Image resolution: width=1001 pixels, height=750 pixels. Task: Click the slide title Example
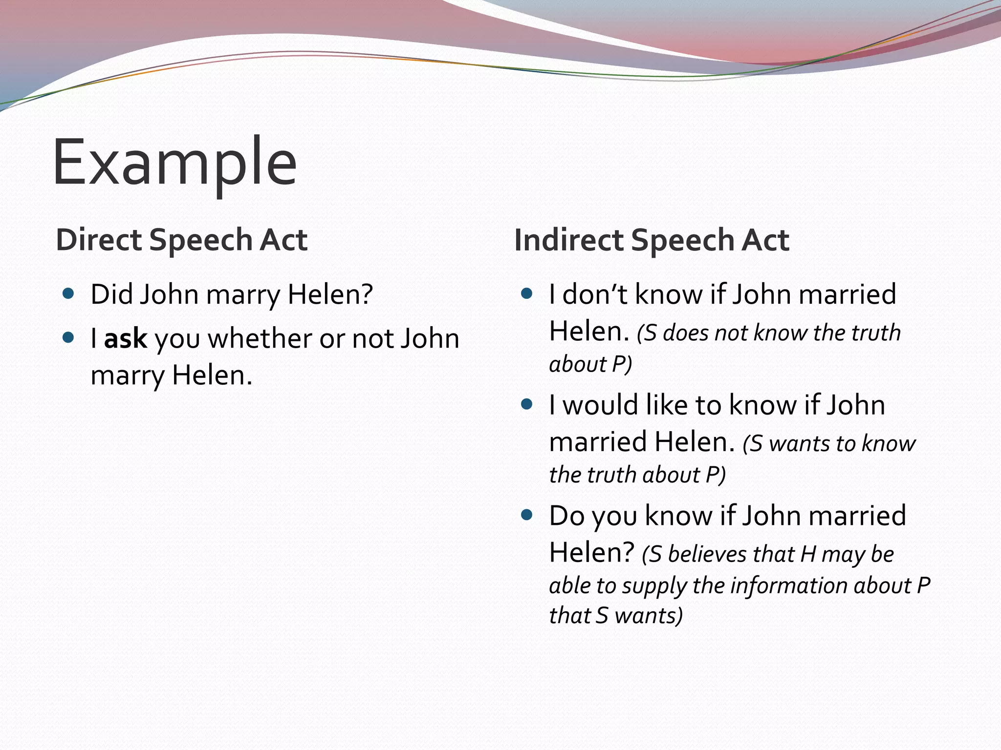click(174, 163)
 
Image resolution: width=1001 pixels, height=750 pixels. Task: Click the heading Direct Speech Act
click(181, 240)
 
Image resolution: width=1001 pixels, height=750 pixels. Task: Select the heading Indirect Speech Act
click(652, 240)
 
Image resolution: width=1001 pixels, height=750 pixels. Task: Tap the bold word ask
click(125, 338)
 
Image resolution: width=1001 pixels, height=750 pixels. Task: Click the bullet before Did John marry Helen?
click(68, 293)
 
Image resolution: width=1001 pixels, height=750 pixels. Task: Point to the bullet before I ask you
click(68, 337)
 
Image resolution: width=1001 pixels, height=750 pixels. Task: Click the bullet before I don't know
click(526, 293)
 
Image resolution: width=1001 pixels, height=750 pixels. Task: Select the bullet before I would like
click(526, 404)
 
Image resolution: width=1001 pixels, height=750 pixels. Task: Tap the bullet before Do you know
click(526, 515)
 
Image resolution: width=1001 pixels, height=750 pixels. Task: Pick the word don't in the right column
click(594, 294)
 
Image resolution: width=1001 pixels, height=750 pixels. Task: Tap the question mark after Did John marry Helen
click(367, 294)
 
